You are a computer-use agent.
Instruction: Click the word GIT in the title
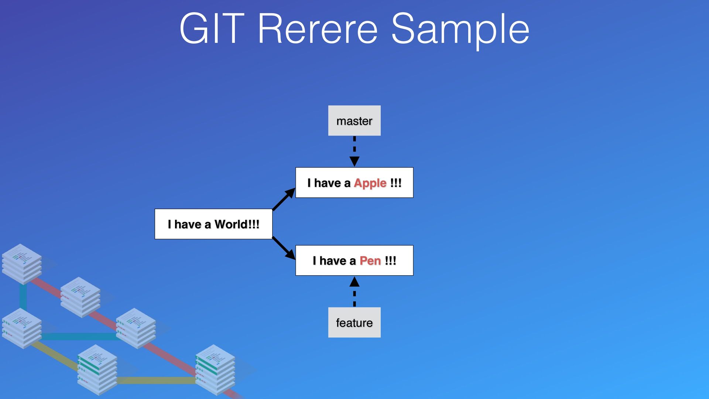tap(212, 29)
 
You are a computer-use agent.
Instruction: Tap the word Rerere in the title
tap(318, 29)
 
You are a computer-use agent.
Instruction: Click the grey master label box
tap(354, 121)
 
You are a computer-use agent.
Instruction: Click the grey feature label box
tap(354, 323)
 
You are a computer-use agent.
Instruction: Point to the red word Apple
tap(370, 183)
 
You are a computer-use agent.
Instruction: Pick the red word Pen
tap(370, 261)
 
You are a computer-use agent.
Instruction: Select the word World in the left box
tap(231, 224)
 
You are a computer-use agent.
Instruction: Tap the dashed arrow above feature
tap(354, 292)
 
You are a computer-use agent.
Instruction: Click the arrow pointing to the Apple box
tap(284, 199)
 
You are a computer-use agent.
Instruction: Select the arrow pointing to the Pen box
tap(284, 248)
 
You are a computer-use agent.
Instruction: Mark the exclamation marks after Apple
tap(395, 183)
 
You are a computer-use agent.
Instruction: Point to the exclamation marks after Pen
tap(390, 261)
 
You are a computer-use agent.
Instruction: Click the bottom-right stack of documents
tap(215, 369)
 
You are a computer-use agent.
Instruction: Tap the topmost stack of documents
tap(21, 263)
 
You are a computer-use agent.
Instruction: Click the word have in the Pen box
tap(332, 261)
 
